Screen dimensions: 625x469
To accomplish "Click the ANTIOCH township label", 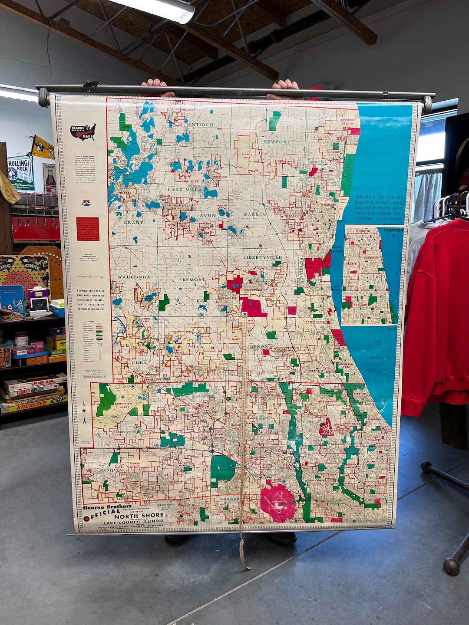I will pyautogui.click(x=201, y=125).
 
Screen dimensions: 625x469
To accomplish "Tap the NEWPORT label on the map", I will pyautogui.click(x=277, y=142).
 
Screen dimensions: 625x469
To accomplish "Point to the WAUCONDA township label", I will pyautogui.click(x=134, y=277).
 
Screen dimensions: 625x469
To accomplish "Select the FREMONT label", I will pyautogui.click(x=192, y=280).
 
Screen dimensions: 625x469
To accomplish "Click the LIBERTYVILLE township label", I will pyautogui.click(x=262, y=257).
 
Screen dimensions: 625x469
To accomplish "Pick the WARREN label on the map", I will pyautogui.click(x=254, y=215).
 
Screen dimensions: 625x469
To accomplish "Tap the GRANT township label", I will pyautogui.click(x=133, y=222).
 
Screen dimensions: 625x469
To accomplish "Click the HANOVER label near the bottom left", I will pyautogui.click(x=111, y=470).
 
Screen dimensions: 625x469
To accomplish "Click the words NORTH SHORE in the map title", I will pyautogui.click(x=139, y=516).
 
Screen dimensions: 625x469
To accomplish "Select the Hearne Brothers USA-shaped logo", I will pyautogui.click(x=83, y=132).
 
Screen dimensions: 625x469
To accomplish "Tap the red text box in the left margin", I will pyautogui.click(x=88, y=229).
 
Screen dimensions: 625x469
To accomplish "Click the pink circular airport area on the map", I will pyautogui.click(x=278, y=503).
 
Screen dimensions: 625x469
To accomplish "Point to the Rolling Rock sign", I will pyautogui.click(x=20, y=172).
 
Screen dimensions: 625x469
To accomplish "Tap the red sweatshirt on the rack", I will pyautogui.click(x=439, y=312).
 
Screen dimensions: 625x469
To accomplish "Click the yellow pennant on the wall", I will pyautogui.click(x=42, y=147).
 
